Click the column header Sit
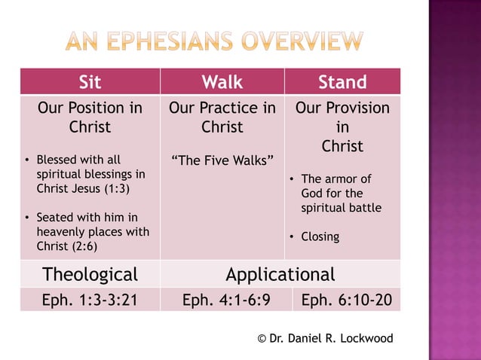[90, 81]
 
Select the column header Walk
[222, 81]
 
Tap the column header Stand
[342, 81]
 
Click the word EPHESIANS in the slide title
[182, 42]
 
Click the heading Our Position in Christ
[90, 117]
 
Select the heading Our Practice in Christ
[222, 117]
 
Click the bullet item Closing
[320, 236]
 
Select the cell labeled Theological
[90, 273]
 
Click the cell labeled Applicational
[280, 273]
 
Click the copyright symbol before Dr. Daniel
[262, 338]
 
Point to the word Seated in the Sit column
[54, 217]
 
